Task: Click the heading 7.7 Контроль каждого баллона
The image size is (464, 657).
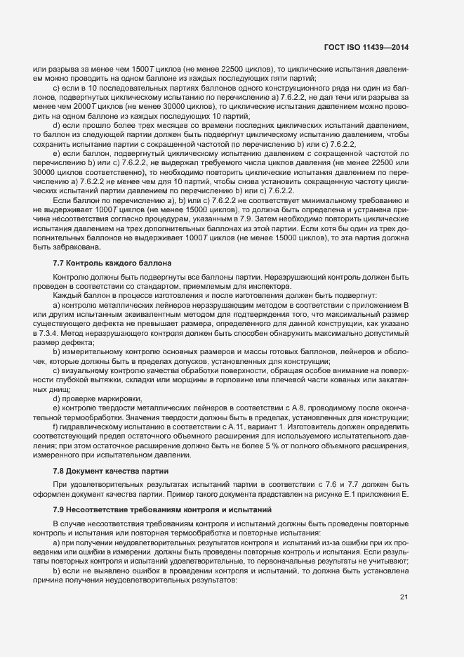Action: pyautogui.click(x=112, y=263)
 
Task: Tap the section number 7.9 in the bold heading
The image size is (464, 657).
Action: pyautogui.click(x=59, y=507)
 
